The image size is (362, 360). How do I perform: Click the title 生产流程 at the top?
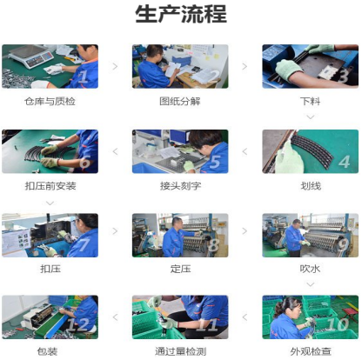(x=181, y=14)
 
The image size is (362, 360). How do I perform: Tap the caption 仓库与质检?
(x=50, y=102)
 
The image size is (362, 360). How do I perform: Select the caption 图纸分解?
(x=180, y=101)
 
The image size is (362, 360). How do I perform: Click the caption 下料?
(x=310, y=101)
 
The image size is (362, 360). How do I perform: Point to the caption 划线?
(x=311, y=186)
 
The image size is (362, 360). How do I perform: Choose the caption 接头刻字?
(x=180, y=186)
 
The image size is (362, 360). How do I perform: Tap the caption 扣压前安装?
(x=50, y=186)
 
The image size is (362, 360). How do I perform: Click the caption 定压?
(x=180, y=269)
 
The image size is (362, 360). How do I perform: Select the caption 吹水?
(x=310, y=269)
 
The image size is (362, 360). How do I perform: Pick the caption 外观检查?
(x=311, y=351)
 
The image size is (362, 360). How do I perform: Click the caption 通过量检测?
(x=180, y=351)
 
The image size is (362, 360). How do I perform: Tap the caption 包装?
(x=47, y=351)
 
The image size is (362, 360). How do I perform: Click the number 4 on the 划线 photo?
(x=344, y=162)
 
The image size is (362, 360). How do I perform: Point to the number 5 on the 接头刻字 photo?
(x=215, y=162)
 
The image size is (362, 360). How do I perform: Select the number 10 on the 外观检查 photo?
(x=338, y=324)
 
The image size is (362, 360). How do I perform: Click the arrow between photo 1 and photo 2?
(x=115, y=66)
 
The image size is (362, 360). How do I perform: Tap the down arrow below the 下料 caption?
(x=311, y=117)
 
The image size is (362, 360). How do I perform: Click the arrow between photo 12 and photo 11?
(x=115, y=317)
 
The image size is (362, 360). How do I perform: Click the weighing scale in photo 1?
(x=31, y=56)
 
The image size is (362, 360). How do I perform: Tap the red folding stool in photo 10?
(x=349, y=314)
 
